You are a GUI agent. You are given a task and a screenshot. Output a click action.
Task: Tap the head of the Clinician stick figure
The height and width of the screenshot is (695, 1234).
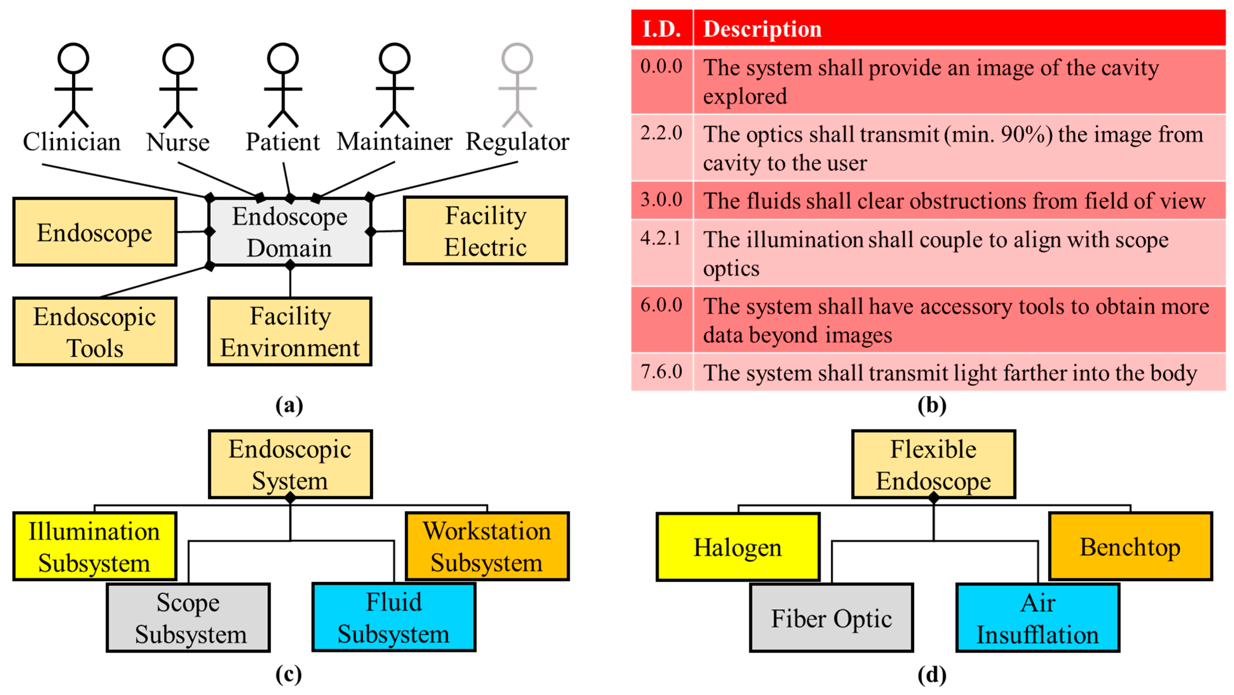(x=73, y=58)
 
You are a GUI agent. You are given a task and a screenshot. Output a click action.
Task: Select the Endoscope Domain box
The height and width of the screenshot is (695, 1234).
(x=290, y=232)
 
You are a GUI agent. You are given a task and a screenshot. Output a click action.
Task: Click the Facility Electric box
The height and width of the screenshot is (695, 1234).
(x=485, y=231)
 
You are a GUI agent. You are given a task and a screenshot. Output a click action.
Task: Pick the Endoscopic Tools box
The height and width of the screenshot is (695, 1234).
(x=95, y=332)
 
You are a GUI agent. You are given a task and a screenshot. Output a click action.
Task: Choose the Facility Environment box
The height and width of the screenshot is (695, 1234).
(x=290, y=332)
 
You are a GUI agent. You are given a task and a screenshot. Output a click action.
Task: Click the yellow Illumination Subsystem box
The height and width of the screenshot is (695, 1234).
(x=95, y=547)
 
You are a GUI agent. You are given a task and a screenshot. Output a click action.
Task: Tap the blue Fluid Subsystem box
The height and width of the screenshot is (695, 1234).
(x=394, y=617)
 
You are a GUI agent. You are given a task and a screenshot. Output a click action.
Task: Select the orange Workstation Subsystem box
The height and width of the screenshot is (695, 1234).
(x=487, y=547)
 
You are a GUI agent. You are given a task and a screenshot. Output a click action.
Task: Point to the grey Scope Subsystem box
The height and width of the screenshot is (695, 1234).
(x=188, y=618)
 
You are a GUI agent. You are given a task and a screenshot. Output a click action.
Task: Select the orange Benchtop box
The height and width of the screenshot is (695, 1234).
(x=1130, y=547)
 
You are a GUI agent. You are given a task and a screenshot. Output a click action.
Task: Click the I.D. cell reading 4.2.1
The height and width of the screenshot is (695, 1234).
(x=661, y=238)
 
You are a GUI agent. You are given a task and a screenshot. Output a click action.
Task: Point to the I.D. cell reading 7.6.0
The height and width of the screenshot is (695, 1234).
(x=661, y=371)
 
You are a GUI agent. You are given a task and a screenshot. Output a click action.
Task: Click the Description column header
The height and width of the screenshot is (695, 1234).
(x=762, y=29)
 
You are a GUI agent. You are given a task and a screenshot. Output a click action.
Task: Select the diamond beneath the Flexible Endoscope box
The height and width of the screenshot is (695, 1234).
(x=934, y=498)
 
